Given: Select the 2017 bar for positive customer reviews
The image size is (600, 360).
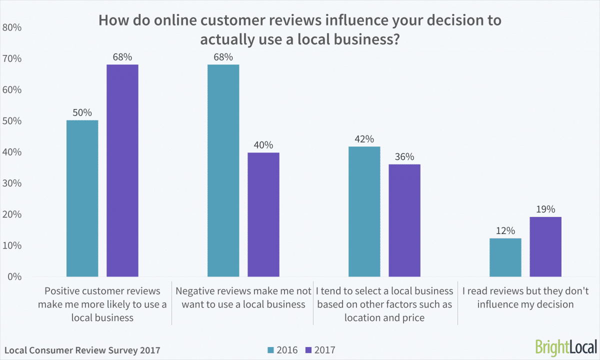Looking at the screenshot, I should click(x=122, y=170).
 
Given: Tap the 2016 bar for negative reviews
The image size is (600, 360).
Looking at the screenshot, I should click(x=223, y=170).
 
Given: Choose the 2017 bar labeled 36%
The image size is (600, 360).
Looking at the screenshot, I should click(x=404, y=220).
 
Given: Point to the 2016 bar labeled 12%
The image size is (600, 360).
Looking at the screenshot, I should click(x=505, y=257).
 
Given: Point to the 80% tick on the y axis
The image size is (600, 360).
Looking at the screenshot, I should click(x=12, y=27).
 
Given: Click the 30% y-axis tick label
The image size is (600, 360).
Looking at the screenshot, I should click(x=12, y=183).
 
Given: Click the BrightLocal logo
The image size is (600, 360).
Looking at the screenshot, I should click(x=565, y=346).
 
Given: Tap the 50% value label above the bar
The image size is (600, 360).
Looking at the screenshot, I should click(x=82, y=113).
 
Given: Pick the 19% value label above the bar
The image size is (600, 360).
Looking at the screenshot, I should click(x=545, y=209).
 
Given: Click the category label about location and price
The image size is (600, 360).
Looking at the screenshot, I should click(x=384, y=304).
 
